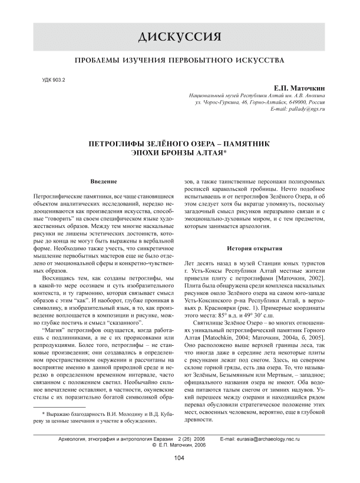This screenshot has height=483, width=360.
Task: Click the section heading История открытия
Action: pyautogui.click(x=256, y=249)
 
